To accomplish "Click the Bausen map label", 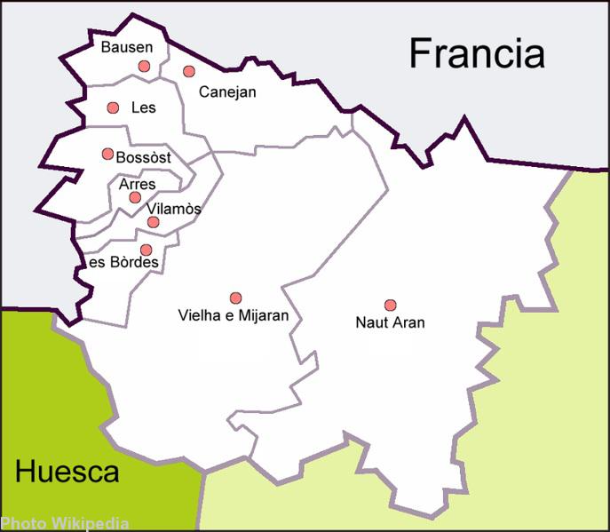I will point(127,47).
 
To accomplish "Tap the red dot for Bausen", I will point(144,66).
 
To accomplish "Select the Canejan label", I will point(227,91).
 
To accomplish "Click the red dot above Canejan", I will point(189,71).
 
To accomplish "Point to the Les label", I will point(143,107).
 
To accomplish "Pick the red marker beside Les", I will point(113,107).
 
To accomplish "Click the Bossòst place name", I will point(143,157).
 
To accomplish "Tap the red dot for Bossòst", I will point(107,154).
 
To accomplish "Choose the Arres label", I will point(137,185).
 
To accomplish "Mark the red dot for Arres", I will point(135,197).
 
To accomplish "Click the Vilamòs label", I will point(174,210).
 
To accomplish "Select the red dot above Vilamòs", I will point(153,221).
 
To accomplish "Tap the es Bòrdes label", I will point(123,263).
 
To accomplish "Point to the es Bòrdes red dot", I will point(146,250).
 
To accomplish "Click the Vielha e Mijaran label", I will point(234,315).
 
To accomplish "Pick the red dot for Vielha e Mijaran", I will point(235,298).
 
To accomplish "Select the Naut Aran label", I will point(390,322).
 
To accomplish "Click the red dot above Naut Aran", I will point(390,305).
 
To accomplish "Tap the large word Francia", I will point(476,54).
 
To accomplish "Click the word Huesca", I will point(67,472).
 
